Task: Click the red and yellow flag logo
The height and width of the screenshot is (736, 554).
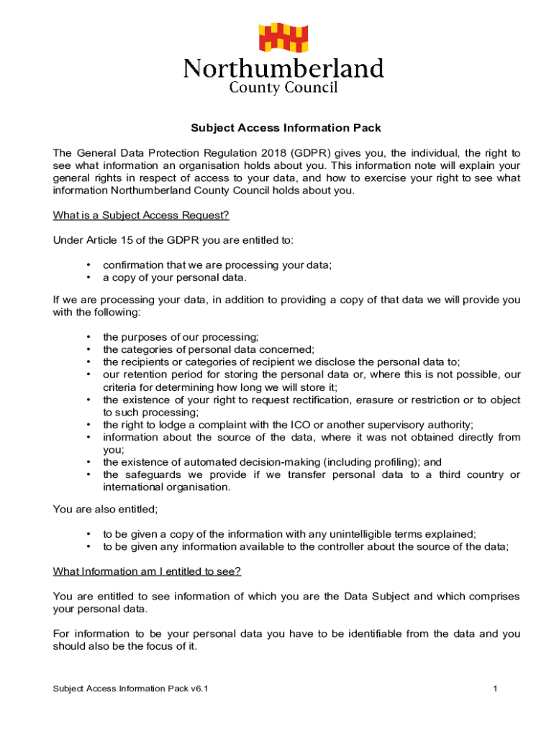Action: (x=283, y=39)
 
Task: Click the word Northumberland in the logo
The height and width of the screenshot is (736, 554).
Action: (x=283, y=69)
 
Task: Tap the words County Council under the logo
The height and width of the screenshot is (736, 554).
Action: (x=283, y=88)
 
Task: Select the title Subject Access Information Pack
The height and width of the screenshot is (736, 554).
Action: (x=286, y=128)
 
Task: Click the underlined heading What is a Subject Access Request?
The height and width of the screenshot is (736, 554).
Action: (x=141, y=216)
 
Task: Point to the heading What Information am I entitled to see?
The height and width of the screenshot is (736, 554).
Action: (x=147, y=571)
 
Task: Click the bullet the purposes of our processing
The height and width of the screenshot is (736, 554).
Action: (x=181, y=337)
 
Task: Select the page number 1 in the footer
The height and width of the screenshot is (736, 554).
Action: (x=496, y=689)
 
